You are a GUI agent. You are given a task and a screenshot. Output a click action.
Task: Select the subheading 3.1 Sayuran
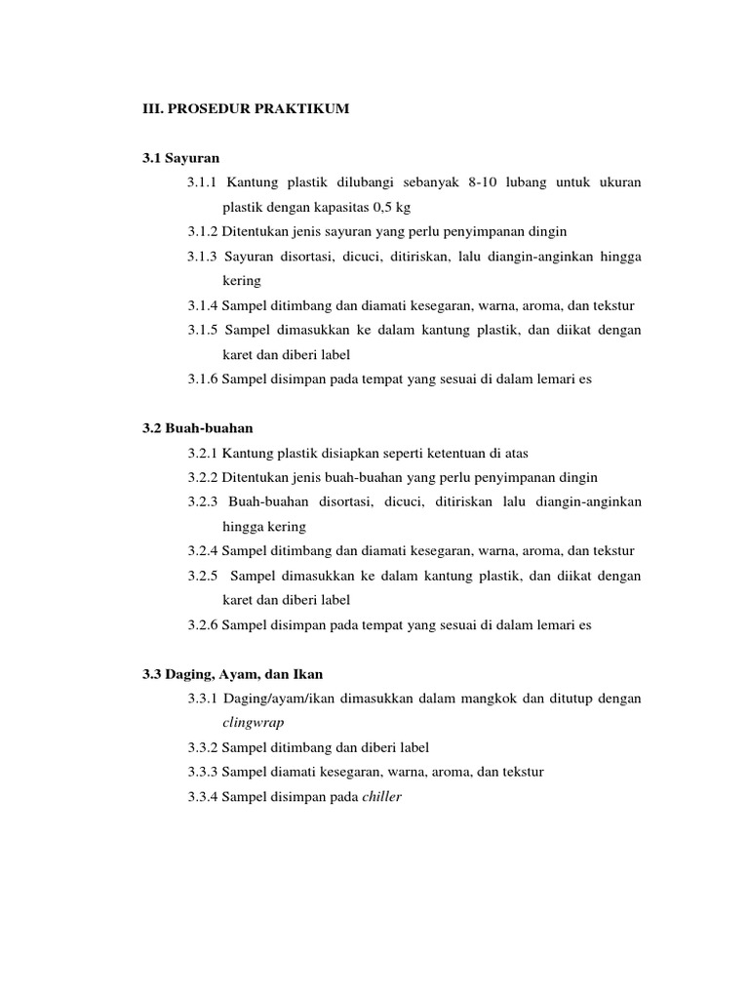click(182, 157)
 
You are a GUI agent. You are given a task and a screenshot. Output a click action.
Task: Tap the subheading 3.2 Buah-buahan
click(199, 427)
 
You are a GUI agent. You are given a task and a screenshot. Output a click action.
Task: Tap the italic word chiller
click(381, 796)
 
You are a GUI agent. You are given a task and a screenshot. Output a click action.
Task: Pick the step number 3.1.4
click(203, 305)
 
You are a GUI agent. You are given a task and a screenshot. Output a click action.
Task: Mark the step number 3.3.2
click(203, 747)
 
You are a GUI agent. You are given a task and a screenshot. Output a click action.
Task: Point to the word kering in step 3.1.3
click(242, 280)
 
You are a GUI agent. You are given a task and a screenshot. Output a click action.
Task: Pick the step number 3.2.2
click(203, 477)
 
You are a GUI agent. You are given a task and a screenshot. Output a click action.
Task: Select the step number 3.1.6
click(203, 380)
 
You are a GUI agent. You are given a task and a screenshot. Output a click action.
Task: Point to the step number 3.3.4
click(203, 796)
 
